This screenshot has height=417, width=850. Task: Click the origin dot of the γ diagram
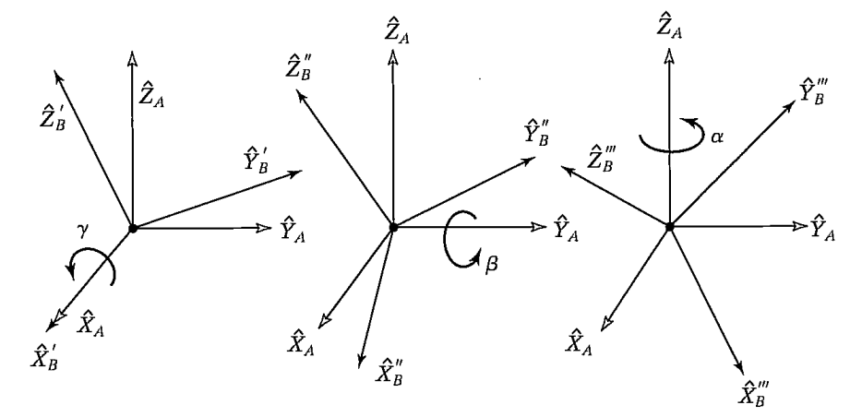point(133,227)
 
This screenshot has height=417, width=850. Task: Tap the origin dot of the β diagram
point(393,227)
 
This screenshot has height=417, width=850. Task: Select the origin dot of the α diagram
point(670,225)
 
